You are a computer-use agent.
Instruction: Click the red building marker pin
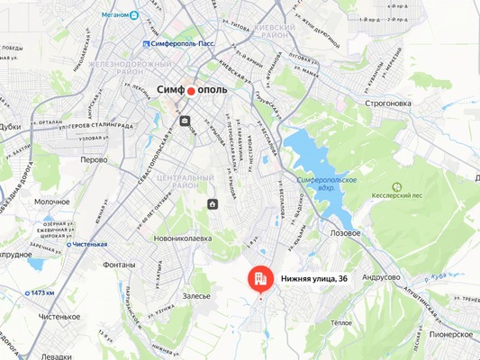[258, 278]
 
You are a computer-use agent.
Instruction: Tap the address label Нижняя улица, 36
[314, 279]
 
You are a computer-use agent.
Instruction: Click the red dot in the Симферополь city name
[191, 91]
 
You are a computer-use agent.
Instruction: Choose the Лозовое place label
[345, 232]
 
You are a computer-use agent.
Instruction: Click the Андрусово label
[381, 278]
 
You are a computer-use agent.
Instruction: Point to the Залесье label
[195, 295]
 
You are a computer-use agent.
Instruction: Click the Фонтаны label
[119, 265]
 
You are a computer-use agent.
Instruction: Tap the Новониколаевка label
[183, 238]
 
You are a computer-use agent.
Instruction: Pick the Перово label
[94, 159]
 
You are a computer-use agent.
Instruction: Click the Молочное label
[52, 202]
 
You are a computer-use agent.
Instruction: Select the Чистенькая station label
[87, 244]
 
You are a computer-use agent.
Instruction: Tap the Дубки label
[10, 127]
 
